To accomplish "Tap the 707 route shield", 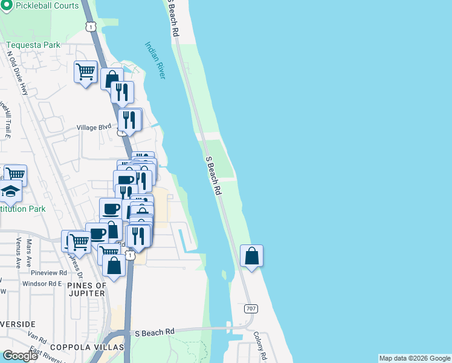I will click(251, 309).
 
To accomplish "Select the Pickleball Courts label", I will click(47, 5).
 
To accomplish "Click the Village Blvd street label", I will click(94, 127).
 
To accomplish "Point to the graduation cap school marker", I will click(10, 192).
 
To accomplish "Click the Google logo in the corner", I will click(20, 356).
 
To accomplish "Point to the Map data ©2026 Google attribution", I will click(415, 358).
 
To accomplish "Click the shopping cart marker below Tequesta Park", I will click(85, 72).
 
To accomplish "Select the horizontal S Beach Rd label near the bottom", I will click(154, 332).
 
